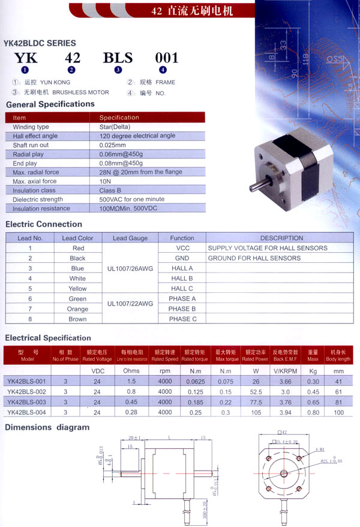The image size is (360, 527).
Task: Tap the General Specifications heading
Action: pyautogui.click(x=50, y=104)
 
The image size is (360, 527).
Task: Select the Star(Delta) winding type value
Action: pyautogui.click(x=115, y=127)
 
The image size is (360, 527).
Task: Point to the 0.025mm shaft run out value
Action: pyautogui.click(x=113, y=145)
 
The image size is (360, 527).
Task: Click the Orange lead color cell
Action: pyautogui.click(x=77, y=309)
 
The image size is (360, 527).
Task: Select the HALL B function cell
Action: pyautogui.click(x=182, y=279)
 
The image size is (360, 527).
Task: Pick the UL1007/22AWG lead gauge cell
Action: pyautogui.click(x=130, y=304)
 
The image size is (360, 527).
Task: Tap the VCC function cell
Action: pyautogui.click(x=182, y=248)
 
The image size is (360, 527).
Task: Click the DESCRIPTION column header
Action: pyautogui.click(x=281, y=238)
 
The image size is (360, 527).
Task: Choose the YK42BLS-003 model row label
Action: pyautogui.click(x=26, y=402)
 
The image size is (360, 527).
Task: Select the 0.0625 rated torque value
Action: pyautogui.click(x=196, y=381)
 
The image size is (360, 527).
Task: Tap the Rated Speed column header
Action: pyautogui.click(x=165, y=355)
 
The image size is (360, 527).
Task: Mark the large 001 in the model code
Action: pyautogui.click(x=167, y=58)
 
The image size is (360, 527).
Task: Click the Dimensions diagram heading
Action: pyautogui.click(x=47, y=427)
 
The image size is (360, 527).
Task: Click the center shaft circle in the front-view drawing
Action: pyautogui.click(x=283, y=473)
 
